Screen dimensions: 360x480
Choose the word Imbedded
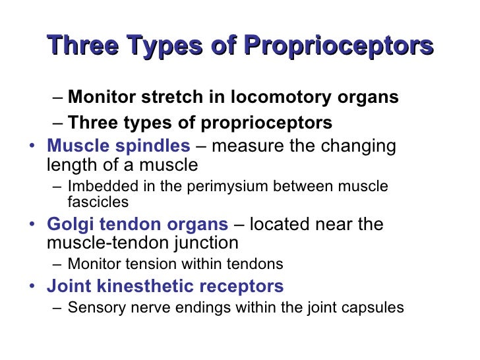[x=96, y=187]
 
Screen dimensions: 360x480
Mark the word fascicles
[x=98, y=202]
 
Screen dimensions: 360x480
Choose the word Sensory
[x=93, y=307]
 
